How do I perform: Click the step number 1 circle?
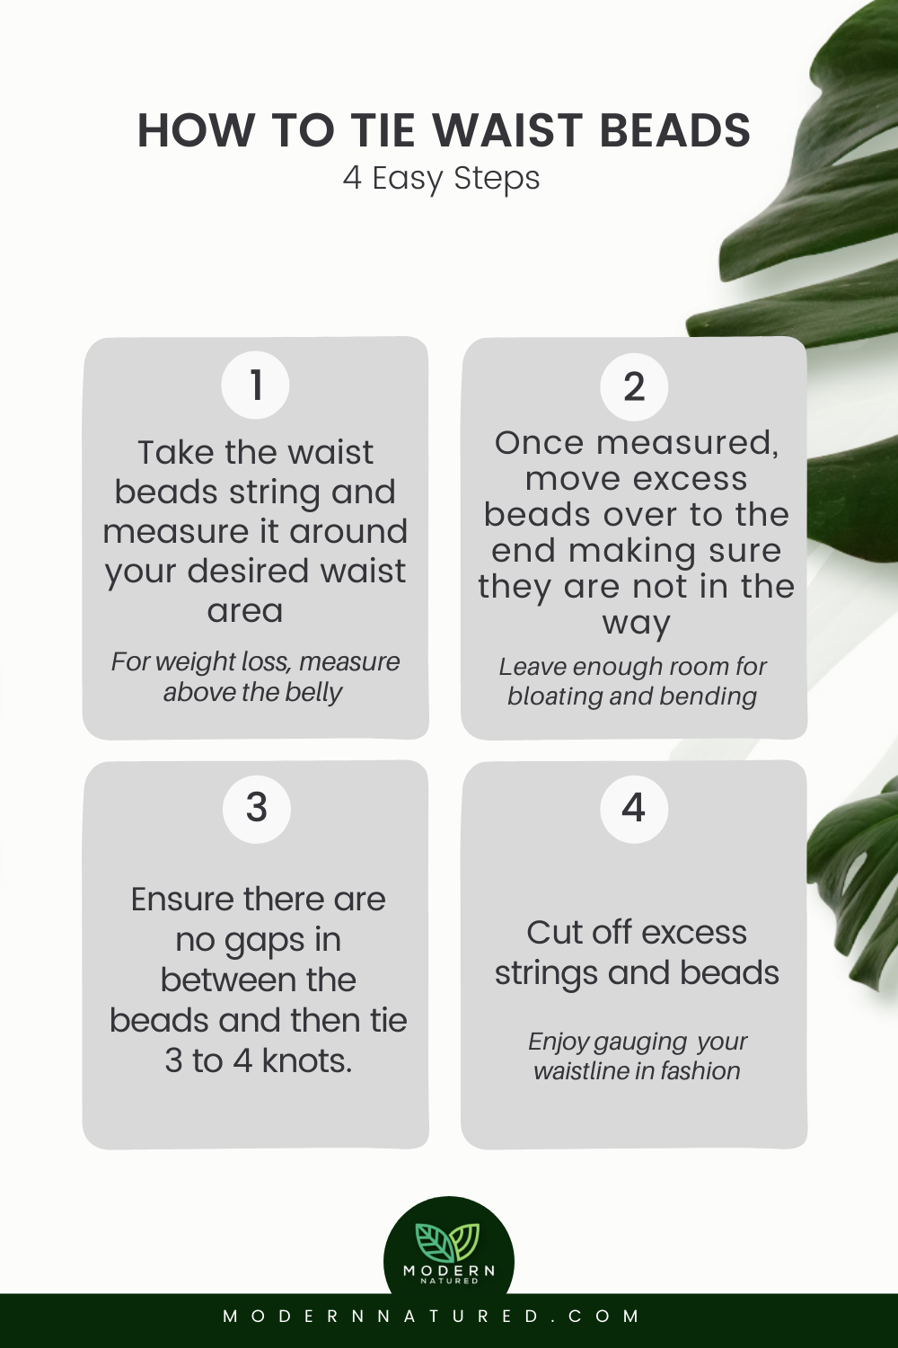coord(256,385)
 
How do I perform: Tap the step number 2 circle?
coord(634,386)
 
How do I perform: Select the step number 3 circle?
coord(257,808)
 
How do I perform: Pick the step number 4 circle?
coord(634,808)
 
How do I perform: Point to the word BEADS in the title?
coord(674,131)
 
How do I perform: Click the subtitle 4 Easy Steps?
coord(441,178)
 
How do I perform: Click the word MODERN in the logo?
coord(449,1270)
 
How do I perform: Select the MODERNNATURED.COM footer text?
coord(432,1317)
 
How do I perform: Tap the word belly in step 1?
coord(314,693)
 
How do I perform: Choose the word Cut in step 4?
coord(553,933)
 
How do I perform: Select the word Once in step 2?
coord(540,443)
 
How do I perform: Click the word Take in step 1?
coord(177,453)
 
